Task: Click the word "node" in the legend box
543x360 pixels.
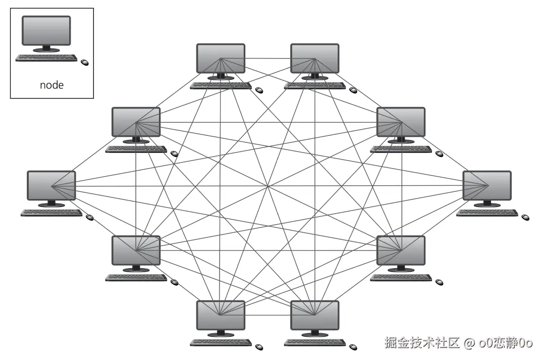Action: click(51, 85)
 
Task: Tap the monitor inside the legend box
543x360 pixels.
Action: click(46, 31)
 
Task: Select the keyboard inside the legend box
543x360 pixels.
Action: click(46, 58)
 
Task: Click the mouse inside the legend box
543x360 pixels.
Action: click(84, 62)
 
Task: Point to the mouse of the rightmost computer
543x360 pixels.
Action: click(525, 217)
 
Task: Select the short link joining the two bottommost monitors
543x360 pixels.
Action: click(267, 315)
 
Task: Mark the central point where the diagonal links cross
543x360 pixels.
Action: click(268, 187)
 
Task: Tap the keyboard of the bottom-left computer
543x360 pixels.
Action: click(221, 342)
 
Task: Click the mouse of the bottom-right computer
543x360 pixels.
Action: click(353, 347)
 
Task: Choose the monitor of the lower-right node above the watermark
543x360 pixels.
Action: click(401, 250)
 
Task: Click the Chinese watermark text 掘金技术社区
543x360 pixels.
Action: click(421, 343)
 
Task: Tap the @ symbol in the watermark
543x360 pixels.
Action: click(469, 344)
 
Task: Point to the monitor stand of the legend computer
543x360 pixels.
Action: click(46, 49)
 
